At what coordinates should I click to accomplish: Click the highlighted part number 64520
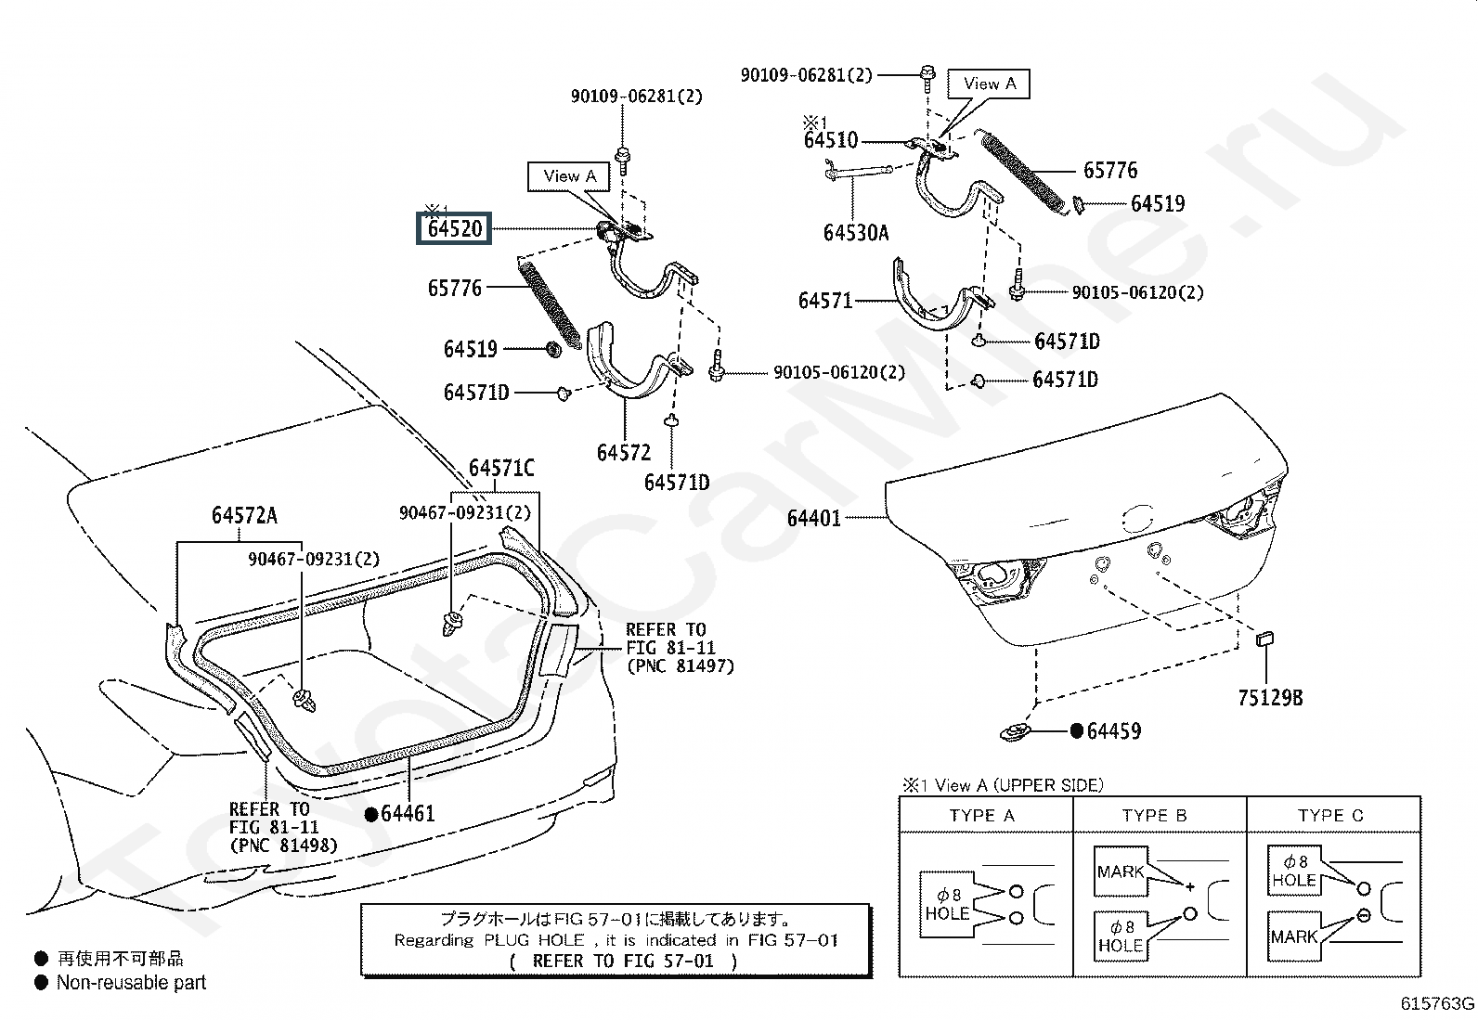pos(455,228)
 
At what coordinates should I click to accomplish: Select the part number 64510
pos(831,141)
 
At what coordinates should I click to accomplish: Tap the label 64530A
pos(855,232)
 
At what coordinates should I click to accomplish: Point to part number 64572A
pos(244,516)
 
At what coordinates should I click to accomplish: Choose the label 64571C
pos(501,469)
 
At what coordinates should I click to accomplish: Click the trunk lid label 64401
pos(813,518)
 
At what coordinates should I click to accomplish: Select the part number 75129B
pos(1269,698)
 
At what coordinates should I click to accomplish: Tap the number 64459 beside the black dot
pos(1114,731)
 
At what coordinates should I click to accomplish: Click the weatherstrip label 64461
pos(408,814)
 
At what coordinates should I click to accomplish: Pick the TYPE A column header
pos(981,816)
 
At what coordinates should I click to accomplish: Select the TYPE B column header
pos(1154,816)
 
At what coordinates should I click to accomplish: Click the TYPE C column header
pos(1330,816)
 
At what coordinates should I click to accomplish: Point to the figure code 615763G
pos(1437,1003)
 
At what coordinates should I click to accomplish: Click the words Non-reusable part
pos(131,982)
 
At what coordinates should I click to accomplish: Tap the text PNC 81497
pos(680,666)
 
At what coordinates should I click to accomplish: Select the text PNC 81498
pos(283,846)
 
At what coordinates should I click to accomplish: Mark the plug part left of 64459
pos(1018,732)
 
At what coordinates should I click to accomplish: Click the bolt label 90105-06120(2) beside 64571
pos(1137,292)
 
